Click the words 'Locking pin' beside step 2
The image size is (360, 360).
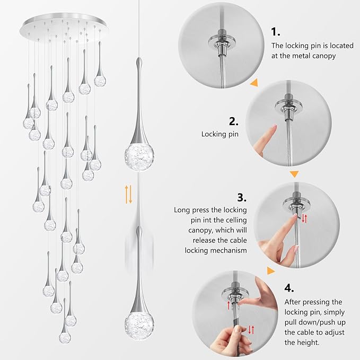click(219, 135)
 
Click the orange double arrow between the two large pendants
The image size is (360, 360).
click(128, 195)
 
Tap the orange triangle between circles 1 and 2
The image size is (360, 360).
click(254, 83)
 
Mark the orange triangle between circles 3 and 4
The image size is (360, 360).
click(271, 271)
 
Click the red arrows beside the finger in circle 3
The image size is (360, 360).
click(304, 218)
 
